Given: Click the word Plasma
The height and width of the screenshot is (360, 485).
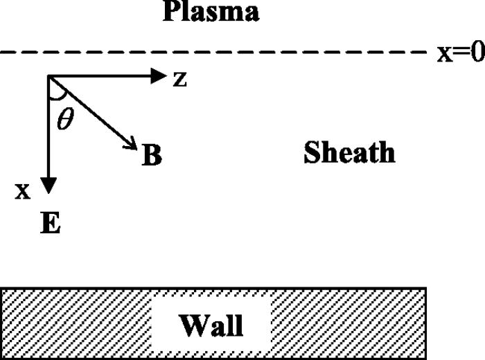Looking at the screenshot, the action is [211, 11].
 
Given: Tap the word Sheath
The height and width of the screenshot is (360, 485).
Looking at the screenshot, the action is [349, 152].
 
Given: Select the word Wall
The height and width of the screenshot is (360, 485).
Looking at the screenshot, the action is [211, 325].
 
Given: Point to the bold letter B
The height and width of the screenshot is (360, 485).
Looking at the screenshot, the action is [152, 155].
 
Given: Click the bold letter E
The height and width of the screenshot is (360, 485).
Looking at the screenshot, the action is [51, 222].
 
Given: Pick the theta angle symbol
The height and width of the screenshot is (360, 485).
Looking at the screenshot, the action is [66, 119].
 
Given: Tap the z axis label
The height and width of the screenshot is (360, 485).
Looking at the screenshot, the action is [179, 79].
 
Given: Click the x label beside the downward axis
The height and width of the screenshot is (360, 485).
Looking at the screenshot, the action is [23, 191].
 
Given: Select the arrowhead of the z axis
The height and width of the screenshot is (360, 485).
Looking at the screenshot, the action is [159, 75].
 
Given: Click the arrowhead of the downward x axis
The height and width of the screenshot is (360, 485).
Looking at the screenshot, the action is [48, 186].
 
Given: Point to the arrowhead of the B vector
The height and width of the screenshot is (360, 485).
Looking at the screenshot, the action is [132, 144].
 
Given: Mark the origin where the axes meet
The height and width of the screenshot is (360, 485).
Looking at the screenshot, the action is [48, 76].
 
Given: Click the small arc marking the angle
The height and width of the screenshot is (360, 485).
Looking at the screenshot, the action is [59, 98].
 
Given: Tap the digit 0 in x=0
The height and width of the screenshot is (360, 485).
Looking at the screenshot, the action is [478, 52].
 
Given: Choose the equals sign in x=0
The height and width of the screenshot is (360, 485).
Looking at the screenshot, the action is [461, 52].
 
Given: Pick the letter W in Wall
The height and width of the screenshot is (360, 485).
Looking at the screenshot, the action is [193, 325].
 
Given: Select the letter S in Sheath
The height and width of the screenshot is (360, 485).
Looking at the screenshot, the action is [312, 152].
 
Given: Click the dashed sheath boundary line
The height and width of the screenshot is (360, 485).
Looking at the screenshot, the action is [213, 53].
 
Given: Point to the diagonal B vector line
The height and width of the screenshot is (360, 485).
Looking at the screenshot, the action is [93, 113].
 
